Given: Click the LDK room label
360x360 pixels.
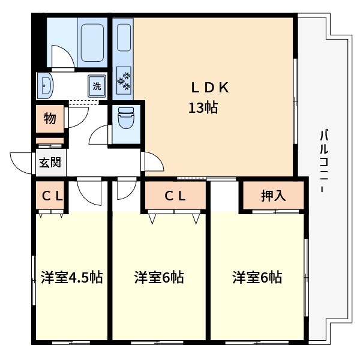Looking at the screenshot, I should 210,88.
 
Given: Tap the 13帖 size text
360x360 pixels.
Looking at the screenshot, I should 203,109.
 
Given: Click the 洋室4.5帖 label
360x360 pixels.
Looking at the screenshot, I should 71,278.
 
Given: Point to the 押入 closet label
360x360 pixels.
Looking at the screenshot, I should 274,195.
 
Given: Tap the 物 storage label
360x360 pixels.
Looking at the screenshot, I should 50,119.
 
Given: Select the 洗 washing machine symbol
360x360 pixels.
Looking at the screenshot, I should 97,86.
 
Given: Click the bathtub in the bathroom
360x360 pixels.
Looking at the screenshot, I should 92,41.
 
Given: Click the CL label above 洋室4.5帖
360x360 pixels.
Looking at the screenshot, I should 50,195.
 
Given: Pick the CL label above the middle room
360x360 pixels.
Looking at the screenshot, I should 175,195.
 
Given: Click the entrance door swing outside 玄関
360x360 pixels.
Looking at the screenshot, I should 21,162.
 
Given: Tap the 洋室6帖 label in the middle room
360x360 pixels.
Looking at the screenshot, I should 158,278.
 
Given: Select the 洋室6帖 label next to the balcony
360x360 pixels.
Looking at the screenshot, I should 257,278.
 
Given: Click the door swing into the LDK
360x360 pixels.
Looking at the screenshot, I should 152,161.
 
